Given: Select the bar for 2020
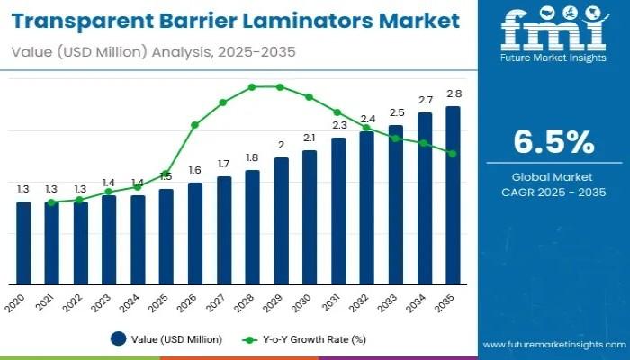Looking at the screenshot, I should click(x=23, y=243).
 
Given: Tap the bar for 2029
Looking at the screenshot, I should click(x=281, y=220).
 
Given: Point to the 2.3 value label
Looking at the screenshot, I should click(x=338, y=126).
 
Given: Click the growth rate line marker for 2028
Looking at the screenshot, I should click(x=252, y=87).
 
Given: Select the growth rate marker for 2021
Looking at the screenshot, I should click(x=52, y=202).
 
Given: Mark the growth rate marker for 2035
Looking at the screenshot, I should click(x=453, y=154).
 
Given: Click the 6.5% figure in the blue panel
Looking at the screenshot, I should click(x=553, y=142).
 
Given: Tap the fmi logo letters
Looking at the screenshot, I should click(x=553, y=31).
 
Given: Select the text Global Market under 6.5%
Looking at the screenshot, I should click(x=553, y=177).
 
